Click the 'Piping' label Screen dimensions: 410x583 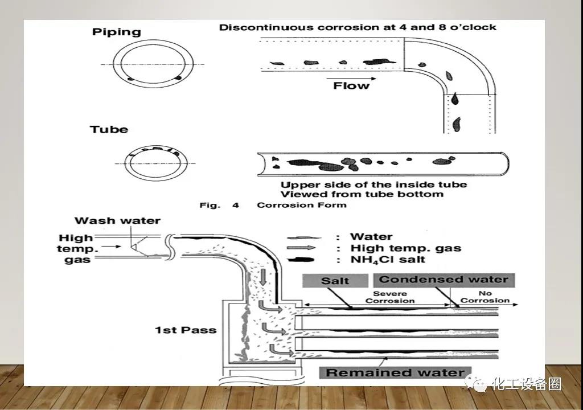(x=116, y=32)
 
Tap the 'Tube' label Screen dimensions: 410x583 (x=109, y=130)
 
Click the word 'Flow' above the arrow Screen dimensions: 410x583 (x=351, y=85)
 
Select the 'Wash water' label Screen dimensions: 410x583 (x=117, y=220)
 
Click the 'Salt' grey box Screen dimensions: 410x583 (x=335, y=280)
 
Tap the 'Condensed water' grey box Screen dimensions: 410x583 (x=444, y=280)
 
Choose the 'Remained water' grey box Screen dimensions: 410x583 (x=395, y=373)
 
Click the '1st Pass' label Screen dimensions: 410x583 (x=186, y=330)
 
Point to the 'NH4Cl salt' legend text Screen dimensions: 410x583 (x=388, y=260)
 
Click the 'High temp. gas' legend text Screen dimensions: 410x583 (x=405, y=248)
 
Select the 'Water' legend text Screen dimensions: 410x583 (x=371, y=237)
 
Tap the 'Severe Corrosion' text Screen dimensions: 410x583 (x=390, y=297)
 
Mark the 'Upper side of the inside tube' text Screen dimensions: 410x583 (x=373, y=184)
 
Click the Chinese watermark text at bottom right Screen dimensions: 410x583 (x=526, y=384)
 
